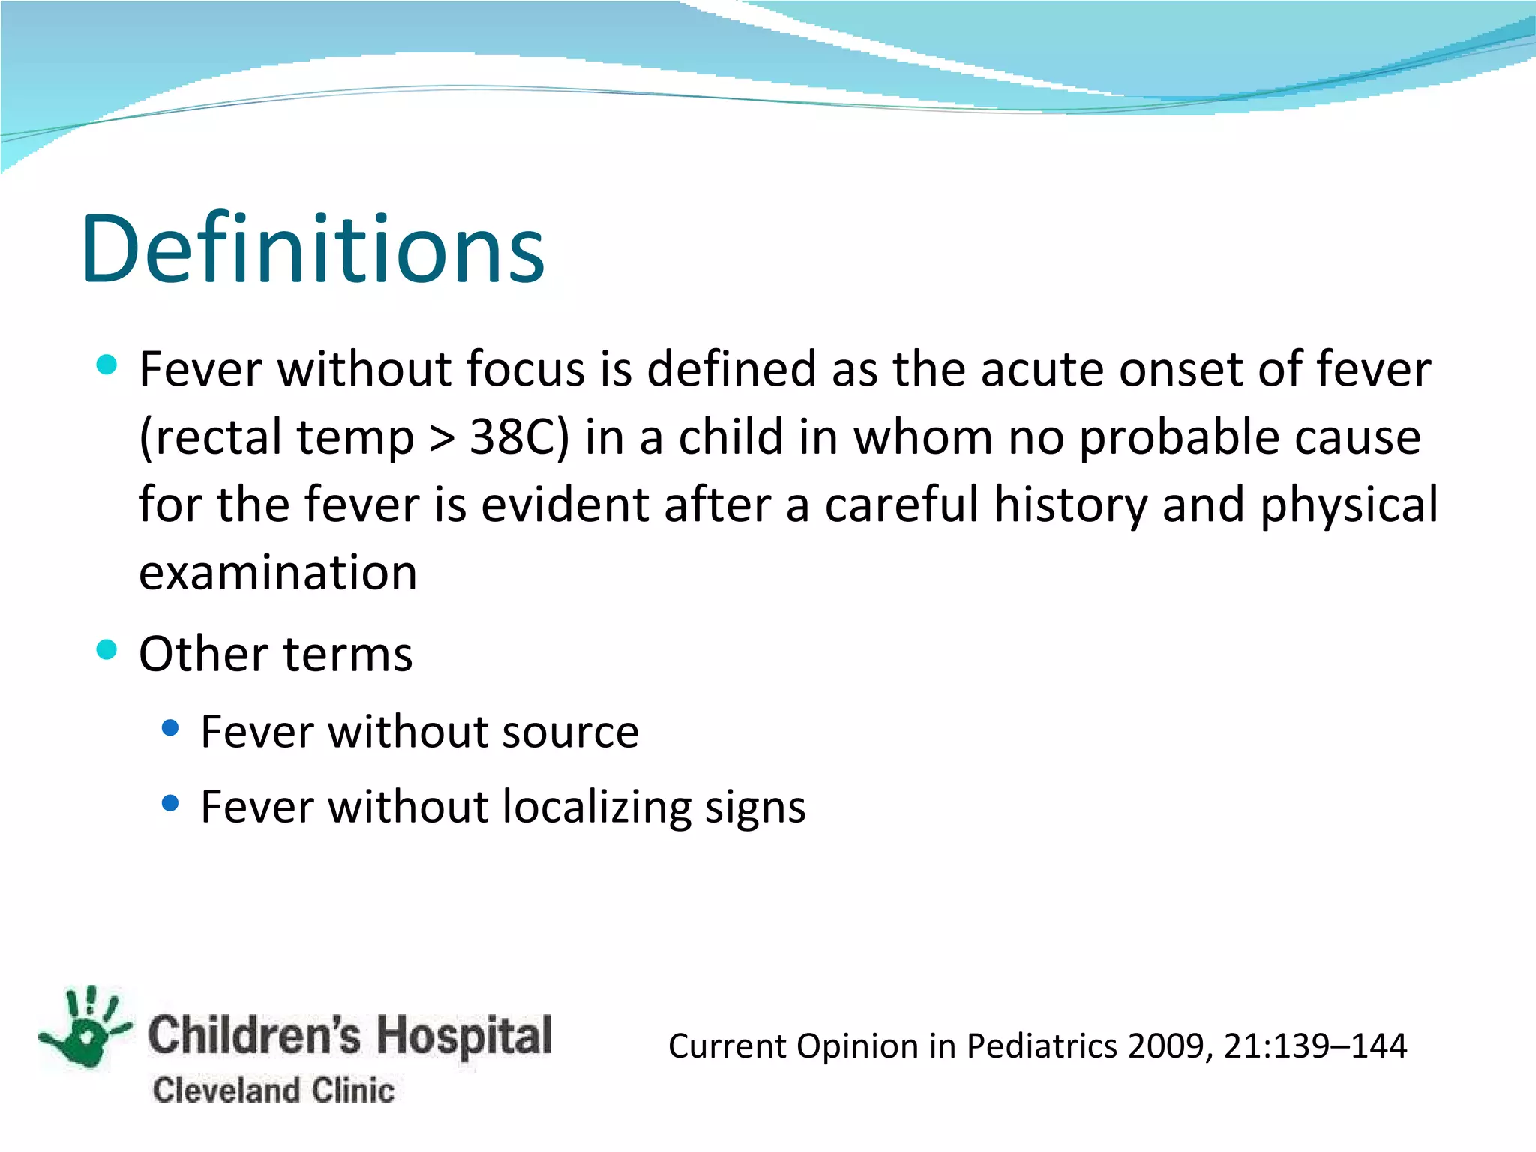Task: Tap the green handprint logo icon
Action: pos(86,1027)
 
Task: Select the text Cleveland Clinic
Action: pos(273,1090)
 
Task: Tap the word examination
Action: pos(277,574)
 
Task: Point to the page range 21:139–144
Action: pos(1315,1046)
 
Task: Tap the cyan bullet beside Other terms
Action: pos(107,649)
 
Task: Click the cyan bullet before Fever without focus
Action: pos(107,365)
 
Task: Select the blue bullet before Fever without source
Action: pos(170,727)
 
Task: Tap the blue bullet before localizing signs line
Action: pos(170,804)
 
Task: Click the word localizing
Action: pos(596,808)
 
